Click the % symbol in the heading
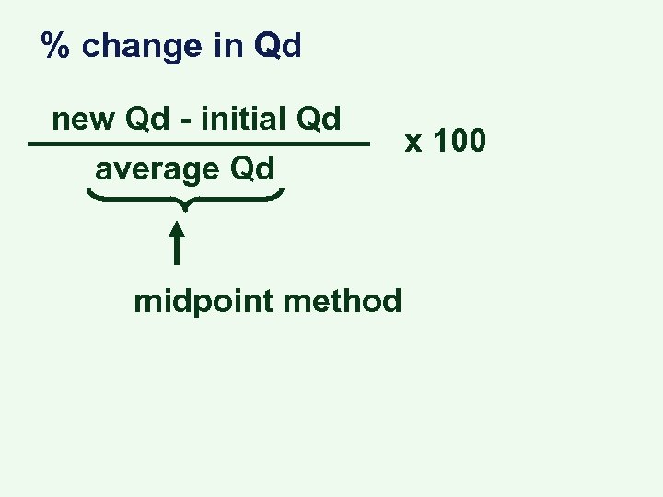pyautogui.click(x=55, y=46)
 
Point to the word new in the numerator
pyautogui.click(x=80, y=120)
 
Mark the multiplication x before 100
pyautogui.click(x=415, y=144)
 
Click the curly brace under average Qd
pyautogui.click(x=185, y=198)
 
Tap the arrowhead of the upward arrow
pyautogui.click(x=176, y=225)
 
